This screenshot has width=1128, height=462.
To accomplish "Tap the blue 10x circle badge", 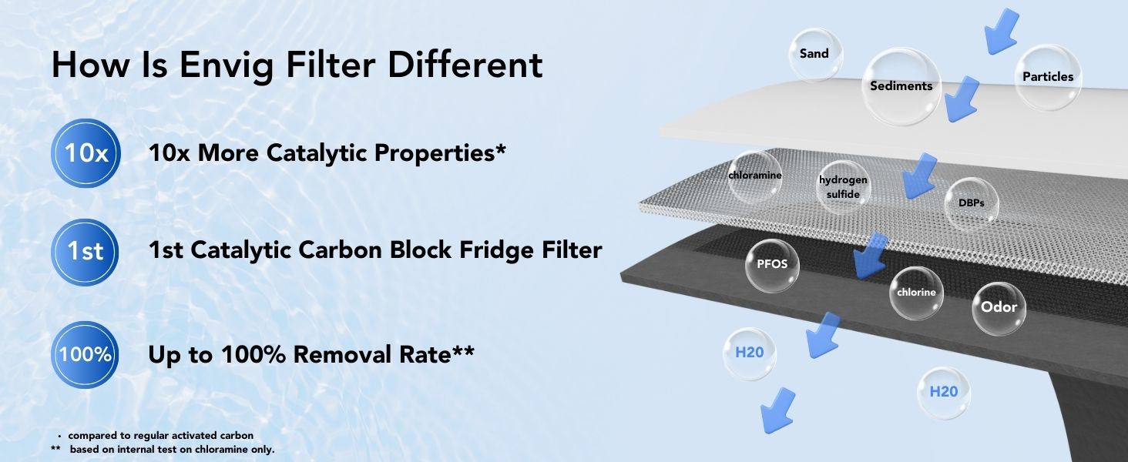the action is (x=86, y=153).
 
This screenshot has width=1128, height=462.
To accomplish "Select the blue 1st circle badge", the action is (x=85, y=252).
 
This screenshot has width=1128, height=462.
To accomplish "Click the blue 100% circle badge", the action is (x=85, y=355).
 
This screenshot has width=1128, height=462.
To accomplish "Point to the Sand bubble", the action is (x=815, y=55).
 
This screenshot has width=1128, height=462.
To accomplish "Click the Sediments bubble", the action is (x=901, y=86).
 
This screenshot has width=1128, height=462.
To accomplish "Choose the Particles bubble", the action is (x=1047, y=77).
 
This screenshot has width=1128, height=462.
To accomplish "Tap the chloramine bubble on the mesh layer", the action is (x=755, y=176).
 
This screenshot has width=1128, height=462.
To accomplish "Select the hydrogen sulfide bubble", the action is (x=843, y=186).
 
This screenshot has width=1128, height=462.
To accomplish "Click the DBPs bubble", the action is (x=972, y=204).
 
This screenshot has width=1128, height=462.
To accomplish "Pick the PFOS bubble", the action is (x=772, y=265).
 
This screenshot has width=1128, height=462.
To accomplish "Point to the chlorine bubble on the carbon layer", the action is (x=916, y=293).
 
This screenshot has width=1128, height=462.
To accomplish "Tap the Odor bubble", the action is (x=999, y=308).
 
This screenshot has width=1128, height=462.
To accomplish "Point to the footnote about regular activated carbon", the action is (x=156, y=435).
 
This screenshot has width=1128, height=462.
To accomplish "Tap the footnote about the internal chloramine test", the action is (x=163, y=450).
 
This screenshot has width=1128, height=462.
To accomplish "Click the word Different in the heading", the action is (x=465, y=65).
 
